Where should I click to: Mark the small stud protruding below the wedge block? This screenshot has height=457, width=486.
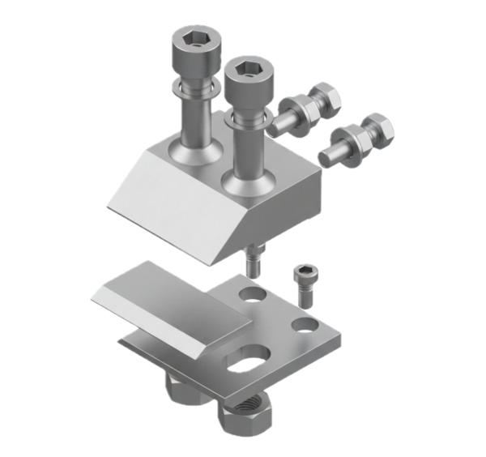[253, 262]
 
